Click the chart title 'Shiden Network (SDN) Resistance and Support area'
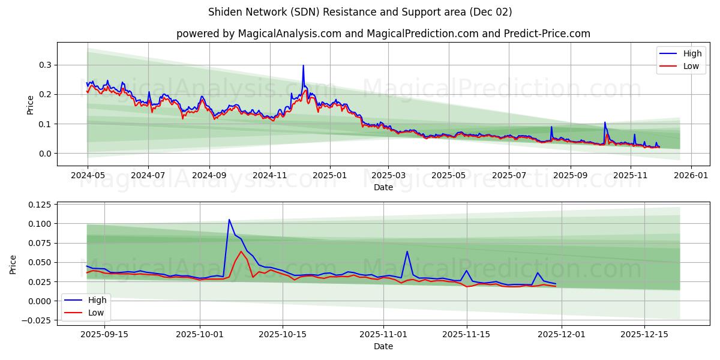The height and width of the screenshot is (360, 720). (359, 12)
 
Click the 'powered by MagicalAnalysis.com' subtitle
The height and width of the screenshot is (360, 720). (383, 34)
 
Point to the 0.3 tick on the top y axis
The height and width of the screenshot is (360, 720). (46, 65)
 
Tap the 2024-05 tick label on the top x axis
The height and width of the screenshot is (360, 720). (88, 176)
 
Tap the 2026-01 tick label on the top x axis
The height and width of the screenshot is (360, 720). (691, 176)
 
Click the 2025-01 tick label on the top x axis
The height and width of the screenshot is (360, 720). (329, 176)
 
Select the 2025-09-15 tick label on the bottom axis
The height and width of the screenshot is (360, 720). (104, 334)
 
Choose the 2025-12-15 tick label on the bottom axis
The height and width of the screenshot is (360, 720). (644, 334)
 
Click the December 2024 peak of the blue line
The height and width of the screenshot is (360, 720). (303, 65)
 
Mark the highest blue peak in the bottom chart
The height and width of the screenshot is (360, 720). (229, 220)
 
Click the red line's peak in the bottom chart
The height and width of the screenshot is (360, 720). (241, 251)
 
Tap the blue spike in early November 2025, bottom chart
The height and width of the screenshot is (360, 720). (407, 251)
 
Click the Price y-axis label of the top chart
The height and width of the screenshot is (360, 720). (31, 104)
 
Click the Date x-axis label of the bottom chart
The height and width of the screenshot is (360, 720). (383, 346)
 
